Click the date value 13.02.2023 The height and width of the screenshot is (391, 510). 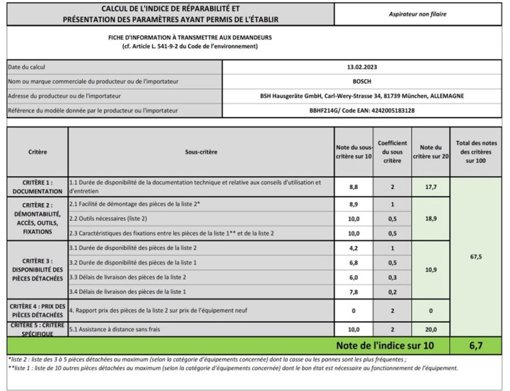coord(362,67)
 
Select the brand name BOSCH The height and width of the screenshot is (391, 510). coord(362,81)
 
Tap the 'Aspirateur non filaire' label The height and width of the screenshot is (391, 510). coord(418,14)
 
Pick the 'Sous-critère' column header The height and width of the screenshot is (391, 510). coord(201,152)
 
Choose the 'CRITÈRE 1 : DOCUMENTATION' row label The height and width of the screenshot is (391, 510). coord(37,186)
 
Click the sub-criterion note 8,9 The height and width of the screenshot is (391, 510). coord(354,204)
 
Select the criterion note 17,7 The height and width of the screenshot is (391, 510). coord(431,186)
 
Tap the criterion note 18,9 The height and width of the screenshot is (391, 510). coord(431,219)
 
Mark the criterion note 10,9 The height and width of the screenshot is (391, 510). coord(431,270)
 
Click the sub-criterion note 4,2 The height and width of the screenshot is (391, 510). coord(354,248)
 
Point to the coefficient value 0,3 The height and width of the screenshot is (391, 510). coord(392,277)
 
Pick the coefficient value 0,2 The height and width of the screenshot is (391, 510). coord(392,291)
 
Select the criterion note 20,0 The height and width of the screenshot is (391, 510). coord(431,329)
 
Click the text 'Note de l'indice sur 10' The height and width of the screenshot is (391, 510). coord(385,345)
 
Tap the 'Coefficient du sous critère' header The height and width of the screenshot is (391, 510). coord(392,152)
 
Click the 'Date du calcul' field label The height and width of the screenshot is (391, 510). coord(26,67)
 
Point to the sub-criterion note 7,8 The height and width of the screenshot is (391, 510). coord(354,291)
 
